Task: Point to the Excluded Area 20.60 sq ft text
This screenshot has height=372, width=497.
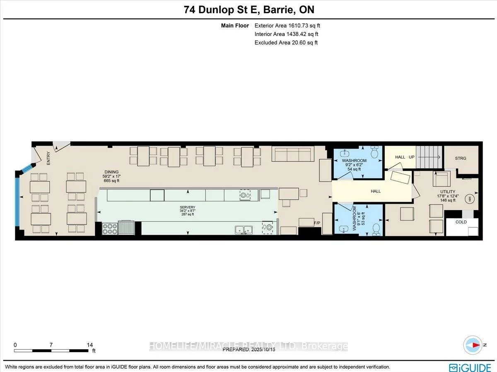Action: click(x=286, y=43)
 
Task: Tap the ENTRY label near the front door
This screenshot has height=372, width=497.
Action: click(x=48, y=158)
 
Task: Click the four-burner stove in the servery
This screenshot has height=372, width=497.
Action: click(x=110, y=229)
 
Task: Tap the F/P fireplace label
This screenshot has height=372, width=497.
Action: click(x=317, y=223)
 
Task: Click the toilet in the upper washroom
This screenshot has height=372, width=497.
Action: click(x=374, y=153)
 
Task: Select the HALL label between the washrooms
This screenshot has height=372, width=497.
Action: click(x=375, y=191)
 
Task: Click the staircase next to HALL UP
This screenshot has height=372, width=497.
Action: click(x=429, y=157)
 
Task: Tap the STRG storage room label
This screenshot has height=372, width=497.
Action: click(x=460, y=158)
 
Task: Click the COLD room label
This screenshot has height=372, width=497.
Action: click(x=461, y=222)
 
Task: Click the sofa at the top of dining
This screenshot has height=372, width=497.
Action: click(x=293, y=154)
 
